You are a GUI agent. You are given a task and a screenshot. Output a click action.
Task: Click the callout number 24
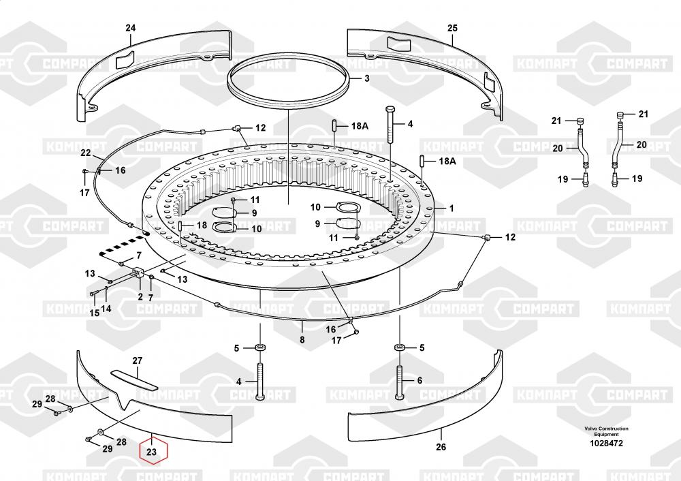click(x=130, y=28)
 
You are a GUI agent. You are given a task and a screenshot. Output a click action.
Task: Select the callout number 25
click(x=452, y=28)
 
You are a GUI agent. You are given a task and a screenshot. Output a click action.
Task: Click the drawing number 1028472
click(x=606, y=444)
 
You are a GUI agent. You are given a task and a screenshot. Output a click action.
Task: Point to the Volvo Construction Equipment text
click(x=606, y=431)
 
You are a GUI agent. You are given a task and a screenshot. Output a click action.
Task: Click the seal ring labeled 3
click(x=288, y=80)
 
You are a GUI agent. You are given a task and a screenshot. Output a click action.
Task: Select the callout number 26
click(x=441, y=447)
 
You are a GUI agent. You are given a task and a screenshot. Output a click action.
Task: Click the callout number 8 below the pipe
click(x=302, y=339)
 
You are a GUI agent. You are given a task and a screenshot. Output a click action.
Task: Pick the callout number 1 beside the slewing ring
click(x=452, y=208)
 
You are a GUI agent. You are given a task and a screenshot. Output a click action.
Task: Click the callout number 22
click(x=86, y=153)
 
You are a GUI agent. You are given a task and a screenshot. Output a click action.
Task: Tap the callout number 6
click(x=419, y=381)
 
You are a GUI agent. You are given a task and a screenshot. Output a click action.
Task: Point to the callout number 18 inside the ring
click(x=202, y=225)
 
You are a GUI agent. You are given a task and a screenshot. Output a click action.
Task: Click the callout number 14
click(x=106, y=309)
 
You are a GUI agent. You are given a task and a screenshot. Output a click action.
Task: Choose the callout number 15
click(x=94, y=313)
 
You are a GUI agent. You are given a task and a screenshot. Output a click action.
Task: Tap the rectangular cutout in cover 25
click(x=398, y=43)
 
